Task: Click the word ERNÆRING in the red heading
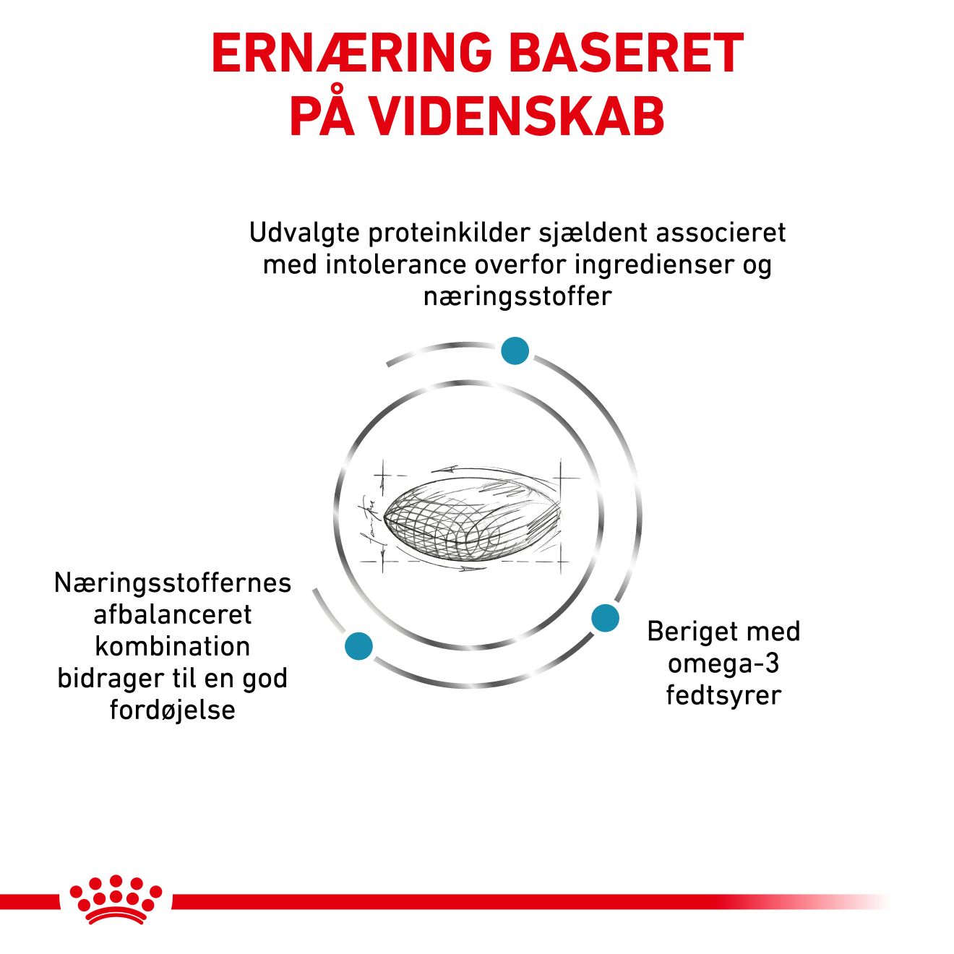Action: coord(351,53)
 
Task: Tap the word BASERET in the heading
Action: coord(627,53)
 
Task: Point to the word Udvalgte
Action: coord(304,233)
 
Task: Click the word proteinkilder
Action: coord(449,232)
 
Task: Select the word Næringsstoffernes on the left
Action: coord(173,583)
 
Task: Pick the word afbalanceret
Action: coord(173,614)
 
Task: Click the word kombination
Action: coord(173,647)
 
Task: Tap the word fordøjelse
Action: coord(173,710)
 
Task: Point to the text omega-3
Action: coord(723,663)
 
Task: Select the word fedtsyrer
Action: coord(723,696)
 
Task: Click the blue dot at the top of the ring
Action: coord(515,351)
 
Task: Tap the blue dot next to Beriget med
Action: coord(606,617)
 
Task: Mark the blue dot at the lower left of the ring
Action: coord(359,646)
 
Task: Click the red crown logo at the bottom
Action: coord(116,906)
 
